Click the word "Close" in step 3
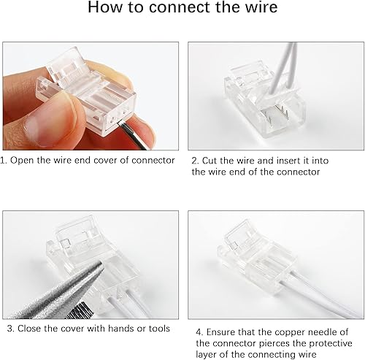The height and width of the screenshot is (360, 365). (28, 328)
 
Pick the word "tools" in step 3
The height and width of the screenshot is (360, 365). (159, 328)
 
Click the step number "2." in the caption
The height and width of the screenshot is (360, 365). (195, 160)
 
